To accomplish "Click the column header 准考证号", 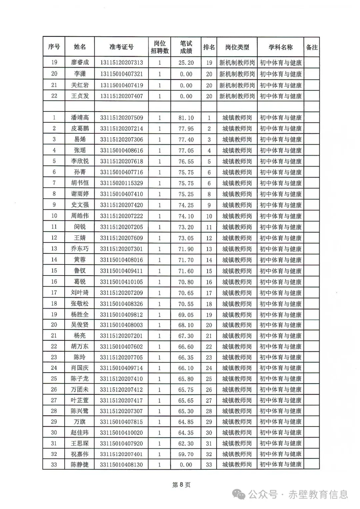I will point(121,47).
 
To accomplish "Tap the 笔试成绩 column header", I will point(186,47).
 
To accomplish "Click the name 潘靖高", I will point(80,117).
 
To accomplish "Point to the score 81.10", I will point(186,118).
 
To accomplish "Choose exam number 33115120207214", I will point(121,128).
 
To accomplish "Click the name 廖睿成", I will point(80,62).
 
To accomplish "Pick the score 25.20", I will point(186,63).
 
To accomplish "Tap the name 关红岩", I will point(80,85).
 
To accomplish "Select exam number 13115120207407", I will point(121,96).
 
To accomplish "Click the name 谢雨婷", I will point(80,194).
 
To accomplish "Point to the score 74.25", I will point(186,205).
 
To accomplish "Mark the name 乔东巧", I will point(80,249).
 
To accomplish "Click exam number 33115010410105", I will point(121,282).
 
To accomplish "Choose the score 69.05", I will point(186,315).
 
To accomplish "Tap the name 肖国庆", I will point(80,368).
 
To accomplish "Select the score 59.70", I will point(186,454).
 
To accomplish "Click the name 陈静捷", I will point(80,465).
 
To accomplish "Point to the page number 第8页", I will point(181,485).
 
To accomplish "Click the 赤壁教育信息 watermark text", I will point(318,494).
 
